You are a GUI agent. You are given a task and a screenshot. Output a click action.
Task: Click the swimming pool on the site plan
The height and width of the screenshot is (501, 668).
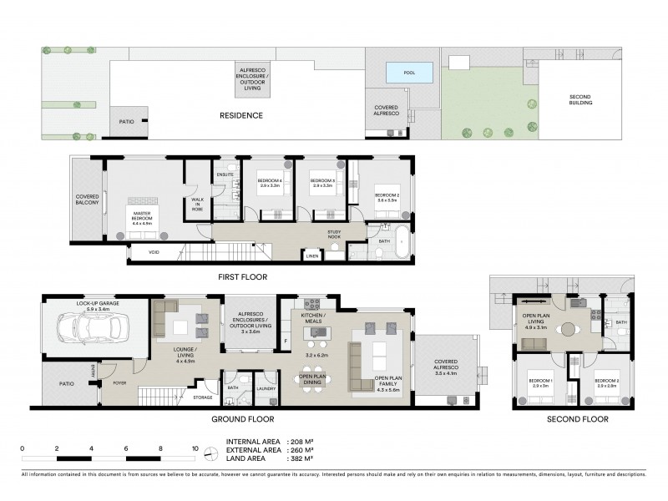click(409, 73)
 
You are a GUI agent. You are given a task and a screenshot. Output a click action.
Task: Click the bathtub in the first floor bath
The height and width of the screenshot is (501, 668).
click(402, 238)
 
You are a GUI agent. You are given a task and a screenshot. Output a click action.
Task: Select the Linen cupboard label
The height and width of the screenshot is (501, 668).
click(311, 256)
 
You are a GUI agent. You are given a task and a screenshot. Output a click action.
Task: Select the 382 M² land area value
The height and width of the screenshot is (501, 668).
click(301, 458)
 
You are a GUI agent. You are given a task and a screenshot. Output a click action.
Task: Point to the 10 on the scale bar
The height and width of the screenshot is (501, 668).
click(195, 449)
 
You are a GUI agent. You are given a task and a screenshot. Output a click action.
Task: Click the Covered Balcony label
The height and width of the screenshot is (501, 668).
click(88, 199)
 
